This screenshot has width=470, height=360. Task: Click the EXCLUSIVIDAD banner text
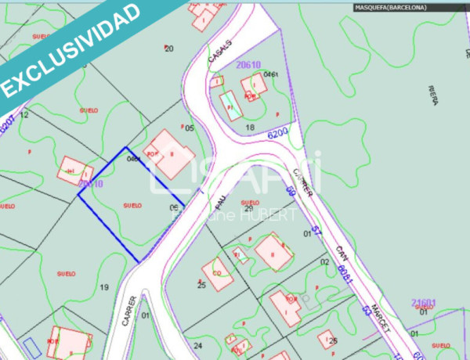[70, 49]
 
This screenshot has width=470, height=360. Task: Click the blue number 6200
[278, 135]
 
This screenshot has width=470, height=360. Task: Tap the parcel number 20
[168, 49]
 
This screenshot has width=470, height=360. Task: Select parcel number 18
[251, 127]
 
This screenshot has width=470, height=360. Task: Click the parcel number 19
[104, 287]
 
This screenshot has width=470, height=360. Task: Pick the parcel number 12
[24, 114]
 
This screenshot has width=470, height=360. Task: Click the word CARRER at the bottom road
[132, 311]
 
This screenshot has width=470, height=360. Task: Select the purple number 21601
[424, 302]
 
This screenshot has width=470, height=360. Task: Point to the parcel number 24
[197, 345]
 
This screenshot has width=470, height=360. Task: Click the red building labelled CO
[216, 272]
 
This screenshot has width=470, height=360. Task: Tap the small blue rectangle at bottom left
[31, 345]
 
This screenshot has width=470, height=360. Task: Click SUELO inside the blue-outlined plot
[132, 205]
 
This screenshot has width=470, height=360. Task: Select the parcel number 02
[324, 261]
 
